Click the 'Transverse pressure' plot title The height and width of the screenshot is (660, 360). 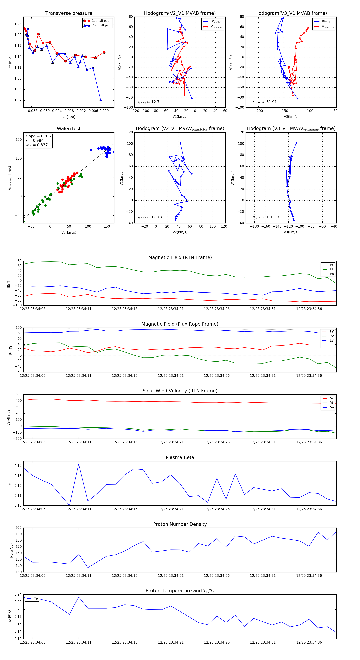tap(69, 13)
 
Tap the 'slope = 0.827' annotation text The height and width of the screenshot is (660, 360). tap(38, 136)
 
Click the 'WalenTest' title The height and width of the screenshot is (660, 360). tap(69, 129)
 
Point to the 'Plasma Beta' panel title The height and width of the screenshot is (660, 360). tap(180, 457)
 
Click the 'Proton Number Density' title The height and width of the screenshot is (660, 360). tap(180, 524)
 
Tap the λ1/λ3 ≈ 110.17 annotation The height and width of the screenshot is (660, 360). tap(266, 217)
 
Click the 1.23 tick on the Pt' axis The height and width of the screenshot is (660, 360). tap(18, 24)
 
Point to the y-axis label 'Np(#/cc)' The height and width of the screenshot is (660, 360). tap(11, 550)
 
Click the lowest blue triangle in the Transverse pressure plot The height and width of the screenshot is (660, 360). tap(100, 100)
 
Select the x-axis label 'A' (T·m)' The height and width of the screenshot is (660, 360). tap(69, 117)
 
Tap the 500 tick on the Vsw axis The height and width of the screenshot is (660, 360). tap(18, 394)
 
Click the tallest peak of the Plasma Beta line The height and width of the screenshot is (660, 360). tap(79, 464)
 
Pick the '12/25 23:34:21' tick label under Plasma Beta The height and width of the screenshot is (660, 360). tap(171, 509)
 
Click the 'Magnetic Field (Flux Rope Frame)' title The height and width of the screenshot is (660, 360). tap(180, 324)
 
